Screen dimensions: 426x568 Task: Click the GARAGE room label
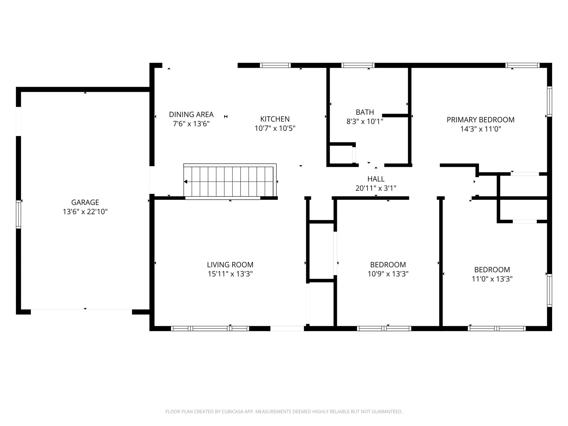point(85,202)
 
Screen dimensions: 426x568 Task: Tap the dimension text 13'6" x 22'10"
point(85,212)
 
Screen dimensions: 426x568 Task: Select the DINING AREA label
point(191,114)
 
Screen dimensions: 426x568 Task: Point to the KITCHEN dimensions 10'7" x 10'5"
point(275,128)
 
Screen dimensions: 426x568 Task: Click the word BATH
point(365,112)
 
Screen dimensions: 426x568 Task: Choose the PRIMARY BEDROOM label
point(480,120)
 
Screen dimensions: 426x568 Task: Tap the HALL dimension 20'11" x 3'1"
point(376,188)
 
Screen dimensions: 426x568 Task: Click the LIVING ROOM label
point(230,265)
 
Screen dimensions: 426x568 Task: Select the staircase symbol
point(230,181)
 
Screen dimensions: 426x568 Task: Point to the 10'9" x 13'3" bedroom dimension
point(388,274)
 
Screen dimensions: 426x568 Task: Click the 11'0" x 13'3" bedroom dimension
point(492,279)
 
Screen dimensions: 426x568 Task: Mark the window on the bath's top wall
point(358,65)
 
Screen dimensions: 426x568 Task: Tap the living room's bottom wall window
point(210,328)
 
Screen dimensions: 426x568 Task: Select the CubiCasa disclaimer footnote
point(284,412)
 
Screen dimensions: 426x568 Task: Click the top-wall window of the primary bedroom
point(522,65)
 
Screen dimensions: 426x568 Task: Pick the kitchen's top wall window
point(275,65)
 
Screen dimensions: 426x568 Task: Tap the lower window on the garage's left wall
point(18,214)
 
